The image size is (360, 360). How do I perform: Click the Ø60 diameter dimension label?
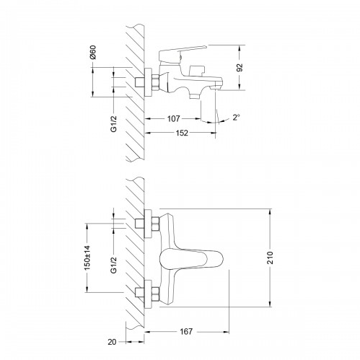pyautogui.click(x=92, y=52)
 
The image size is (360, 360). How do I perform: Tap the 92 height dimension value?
pyautogui.click(x=240, y=68)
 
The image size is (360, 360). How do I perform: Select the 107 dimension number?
pyautogui.click(x=173, y=118)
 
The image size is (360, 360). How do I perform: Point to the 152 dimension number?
pyautogui.click(x=182, y=133)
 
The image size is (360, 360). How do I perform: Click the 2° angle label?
pyautogui.click(x=236, y=118)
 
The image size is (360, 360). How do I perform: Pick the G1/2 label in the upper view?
pyautogui.click(x=113, y=123)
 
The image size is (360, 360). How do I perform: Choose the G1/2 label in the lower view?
pyautogui.click(x=113, y=265)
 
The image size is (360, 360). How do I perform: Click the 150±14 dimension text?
pyautogui.click(x=87, y=258)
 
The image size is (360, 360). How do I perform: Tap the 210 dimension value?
pyautogui.click(x=271, y=258)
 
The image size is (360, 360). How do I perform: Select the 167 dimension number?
pyautogui.click(x=186, y=331)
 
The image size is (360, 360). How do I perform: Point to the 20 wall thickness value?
pyautogui.click(x=112, y=342)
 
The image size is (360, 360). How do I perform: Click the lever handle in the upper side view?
pyautogui.click(x=183, y=53)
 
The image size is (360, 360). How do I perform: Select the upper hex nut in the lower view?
pyautogui.click(x=155, y=223)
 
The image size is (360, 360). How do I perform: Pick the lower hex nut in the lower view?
pyautogui.click(x=155, y=294)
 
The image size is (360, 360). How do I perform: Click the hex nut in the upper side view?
pyautogui.click(x=155, y=82)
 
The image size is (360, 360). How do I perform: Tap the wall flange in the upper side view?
pyautogui.click(x=148, y=82)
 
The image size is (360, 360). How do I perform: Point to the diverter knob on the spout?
pyautogui.click(x=197, y=70)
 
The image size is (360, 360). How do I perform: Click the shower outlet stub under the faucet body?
pyautogui.click(x=195, y=96)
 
